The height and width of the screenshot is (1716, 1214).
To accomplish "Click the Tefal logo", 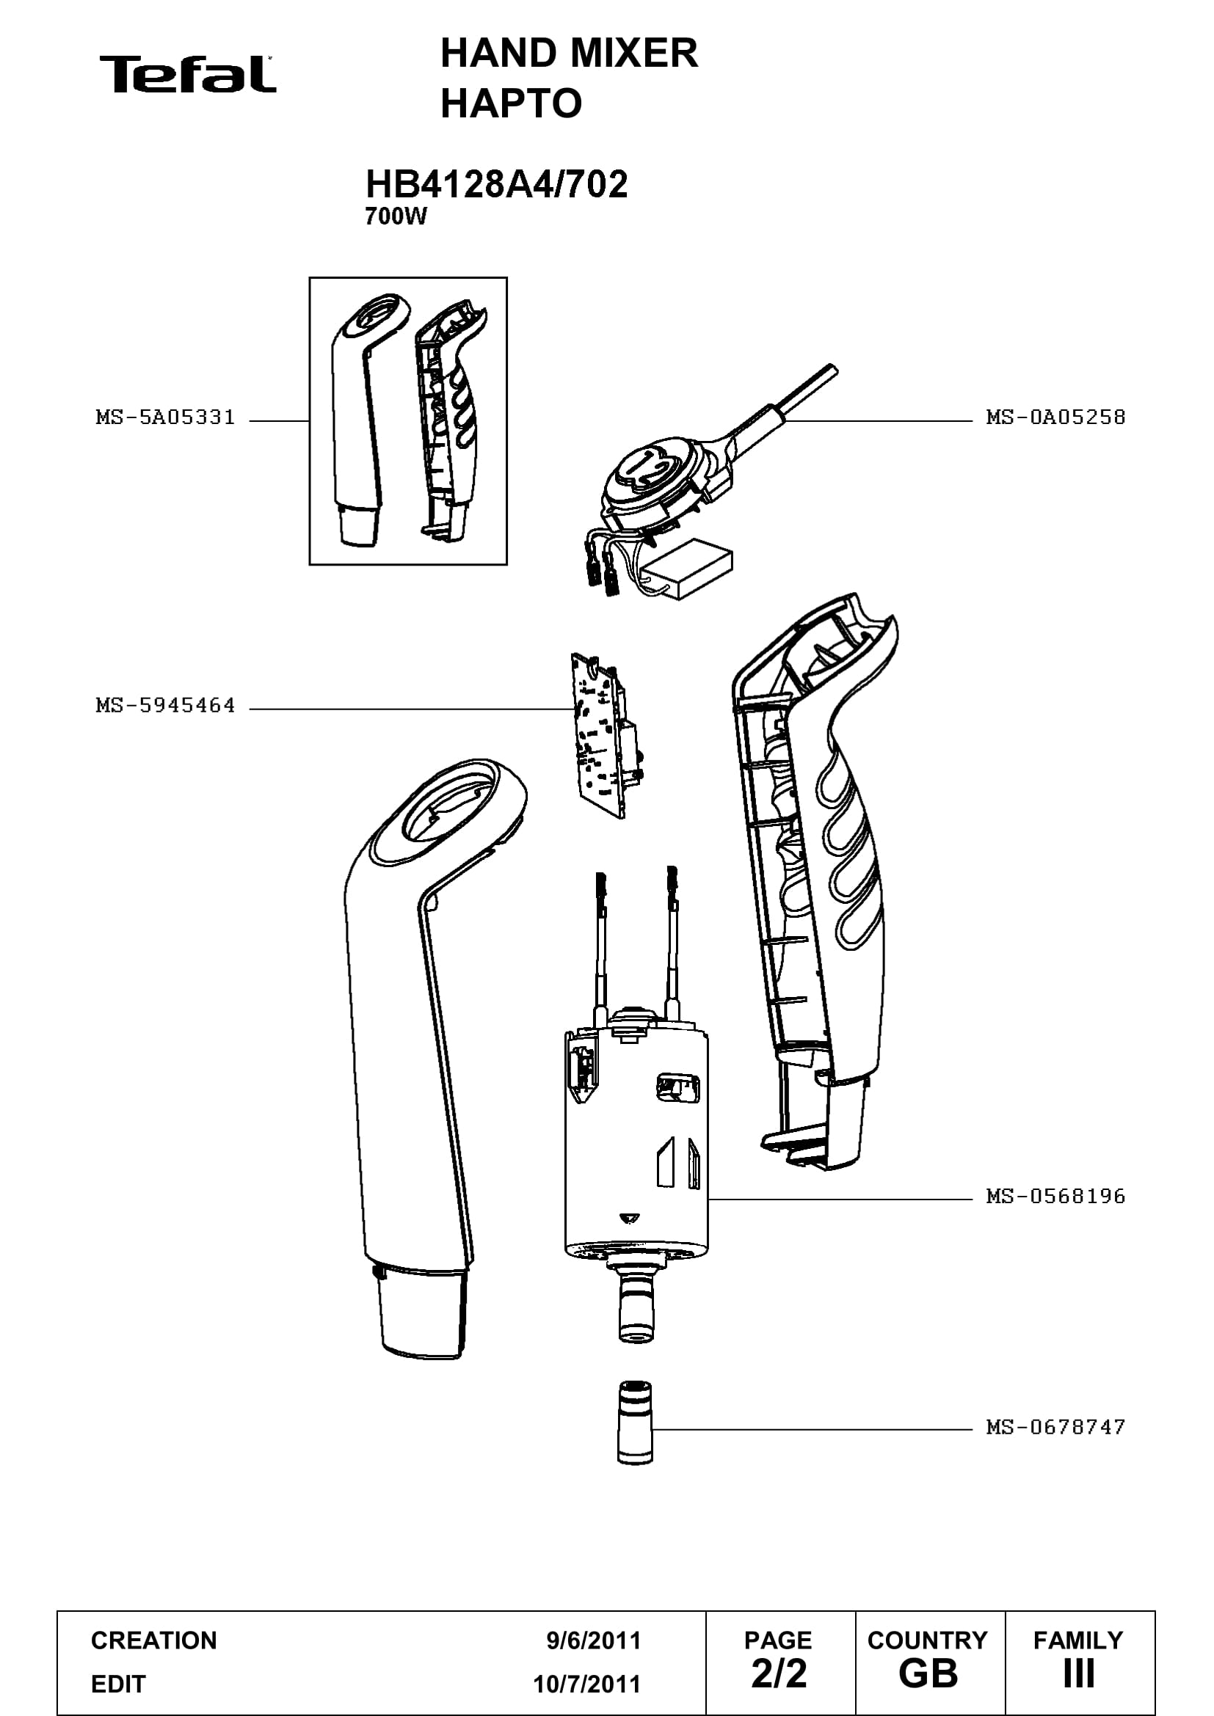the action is click(x=188, y=74).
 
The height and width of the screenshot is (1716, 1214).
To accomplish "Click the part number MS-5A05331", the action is click(x=165, y=417).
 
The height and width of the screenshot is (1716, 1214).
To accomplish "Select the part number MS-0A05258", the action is click(x=1055, y=417).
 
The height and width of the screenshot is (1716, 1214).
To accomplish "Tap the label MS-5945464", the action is click(x=165, y=705).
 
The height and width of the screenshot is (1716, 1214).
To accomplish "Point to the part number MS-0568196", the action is click(x=1055, y=1196).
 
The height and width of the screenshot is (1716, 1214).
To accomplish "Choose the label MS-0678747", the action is click(x=1055, y=1427).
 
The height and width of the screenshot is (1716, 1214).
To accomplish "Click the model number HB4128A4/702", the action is click(x=496, y=184).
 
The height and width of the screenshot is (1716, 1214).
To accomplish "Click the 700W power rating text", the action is click(x=396, y=216).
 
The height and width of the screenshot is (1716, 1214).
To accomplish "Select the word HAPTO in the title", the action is click(x=512, y=103).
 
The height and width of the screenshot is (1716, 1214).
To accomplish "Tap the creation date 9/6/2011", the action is click(x=594, y=1640).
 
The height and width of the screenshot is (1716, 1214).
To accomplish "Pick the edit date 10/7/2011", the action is click(x=587, y=1684).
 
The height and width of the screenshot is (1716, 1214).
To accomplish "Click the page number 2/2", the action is click(x=779, y=1673).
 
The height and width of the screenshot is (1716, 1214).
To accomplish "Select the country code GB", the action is click(x=928, y=1673).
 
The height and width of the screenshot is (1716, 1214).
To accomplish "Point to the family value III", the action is click(x=1079, y=1673).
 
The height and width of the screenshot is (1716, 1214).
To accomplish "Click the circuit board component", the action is click(x=606, y=735).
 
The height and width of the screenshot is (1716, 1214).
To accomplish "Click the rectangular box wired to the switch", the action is click(x=688, y=569).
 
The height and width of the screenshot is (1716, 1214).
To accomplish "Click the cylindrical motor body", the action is click(x=636, y=1144).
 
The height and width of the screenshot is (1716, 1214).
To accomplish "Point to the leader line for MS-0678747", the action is click(x=813, y=1430).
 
